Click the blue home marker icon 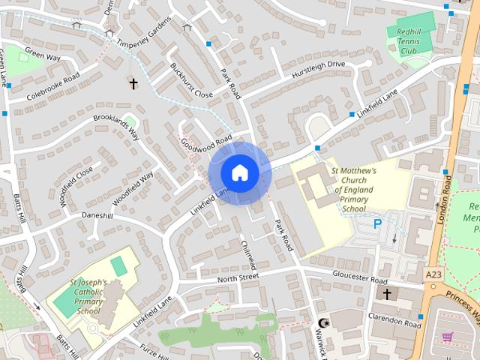tap(239, 172)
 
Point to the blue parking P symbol tap(378, 223)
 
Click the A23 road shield tap(433, 275)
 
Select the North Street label tap(238, 277)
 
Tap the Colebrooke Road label tap(53, 87)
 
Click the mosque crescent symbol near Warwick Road tap(324, 322)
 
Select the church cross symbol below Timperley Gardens tap(133, 83)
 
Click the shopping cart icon tap(447, 337)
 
